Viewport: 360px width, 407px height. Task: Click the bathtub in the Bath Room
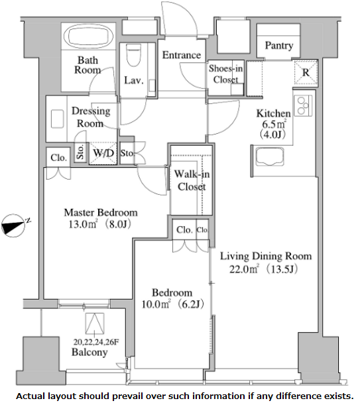point(88,36)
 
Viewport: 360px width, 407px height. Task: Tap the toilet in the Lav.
point(134,55)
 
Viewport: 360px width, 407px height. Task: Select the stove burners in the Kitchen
point(303,105)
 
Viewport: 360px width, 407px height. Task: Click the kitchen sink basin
point(270,156)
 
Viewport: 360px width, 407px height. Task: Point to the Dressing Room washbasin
point(58,119)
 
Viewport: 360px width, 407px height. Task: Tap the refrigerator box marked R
point(306,72)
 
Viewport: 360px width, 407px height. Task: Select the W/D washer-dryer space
point(103,153)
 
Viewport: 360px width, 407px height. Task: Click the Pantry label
point(279,46)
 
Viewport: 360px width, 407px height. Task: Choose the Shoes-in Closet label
point(226,74)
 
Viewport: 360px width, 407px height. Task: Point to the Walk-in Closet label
point(192,180)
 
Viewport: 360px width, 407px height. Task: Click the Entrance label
point(182,55)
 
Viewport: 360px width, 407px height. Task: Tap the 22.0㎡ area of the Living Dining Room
point(244,269)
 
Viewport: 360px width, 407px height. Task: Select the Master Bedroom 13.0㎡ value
point(83,224)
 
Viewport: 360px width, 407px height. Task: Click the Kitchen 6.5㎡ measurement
point(274,125)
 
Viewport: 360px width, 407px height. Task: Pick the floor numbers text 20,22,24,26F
point(96,342)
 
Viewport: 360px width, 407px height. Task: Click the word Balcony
point(90,352)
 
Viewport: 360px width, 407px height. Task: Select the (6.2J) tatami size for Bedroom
point(191,304)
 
